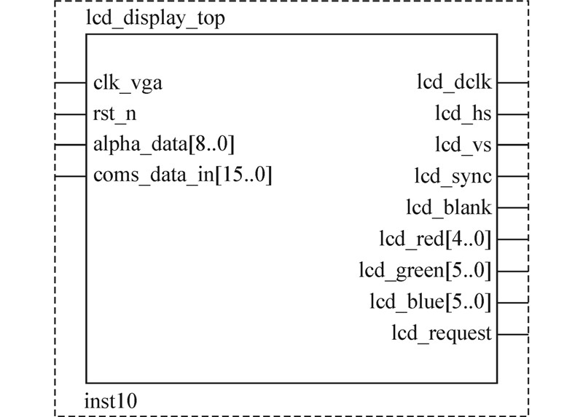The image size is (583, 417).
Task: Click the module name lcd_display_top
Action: (155, 19)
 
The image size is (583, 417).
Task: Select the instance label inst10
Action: (111, 400)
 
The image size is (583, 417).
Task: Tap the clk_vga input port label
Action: (128, 83)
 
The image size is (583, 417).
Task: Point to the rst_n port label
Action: (114, 114)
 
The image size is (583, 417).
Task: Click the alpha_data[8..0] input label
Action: (164, 145)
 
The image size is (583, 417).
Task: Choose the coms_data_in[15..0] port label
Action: (182, 175)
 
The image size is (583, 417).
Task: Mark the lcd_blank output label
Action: (449, 208)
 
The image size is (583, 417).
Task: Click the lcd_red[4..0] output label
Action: (435, 239)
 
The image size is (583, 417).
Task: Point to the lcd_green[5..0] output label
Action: (425, 271)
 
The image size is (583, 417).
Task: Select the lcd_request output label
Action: (442, 334)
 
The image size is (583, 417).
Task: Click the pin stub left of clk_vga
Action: (71, 83)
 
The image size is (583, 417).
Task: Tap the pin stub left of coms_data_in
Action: (71, 176)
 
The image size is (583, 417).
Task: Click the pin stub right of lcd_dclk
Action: (513, 83)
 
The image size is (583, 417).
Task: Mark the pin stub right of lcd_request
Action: (513, 334)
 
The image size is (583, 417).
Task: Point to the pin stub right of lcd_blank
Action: (513, 208)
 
